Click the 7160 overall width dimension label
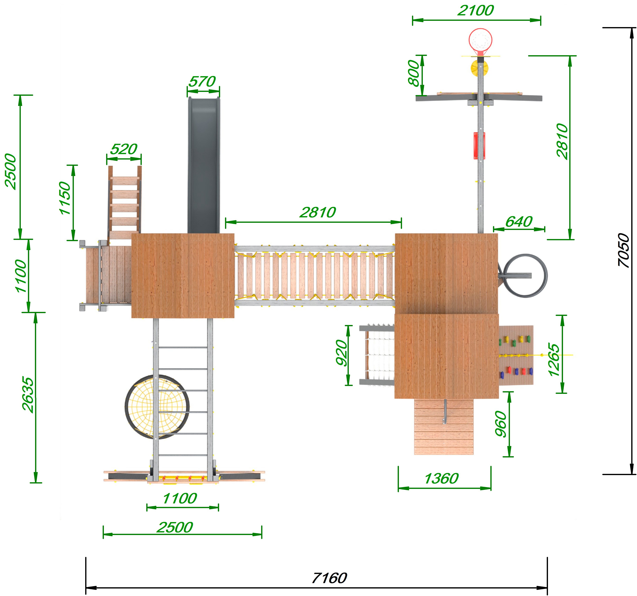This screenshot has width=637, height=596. click(x=329, y=578)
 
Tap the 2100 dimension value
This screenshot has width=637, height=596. click(x=476, y=11)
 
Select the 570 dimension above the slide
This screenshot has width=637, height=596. click(x=202, y=81)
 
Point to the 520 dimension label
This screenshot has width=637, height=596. click(x=124, y=149)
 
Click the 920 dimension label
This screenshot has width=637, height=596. click(x=342, y=353)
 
